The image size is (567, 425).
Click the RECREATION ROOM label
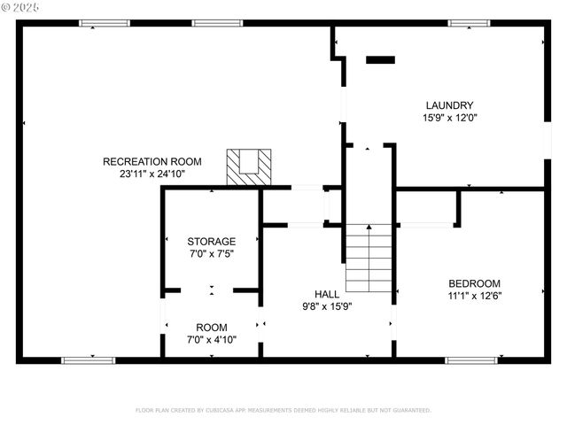pos(151,161)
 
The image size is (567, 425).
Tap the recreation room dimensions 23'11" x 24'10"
pos(151,174)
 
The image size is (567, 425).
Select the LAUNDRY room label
pos(448,104)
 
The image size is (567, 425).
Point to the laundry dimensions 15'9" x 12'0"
pos(448,118)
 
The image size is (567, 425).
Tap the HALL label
pos(327,293)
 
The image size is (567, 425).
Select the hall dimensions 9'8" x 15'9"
pos(327,306)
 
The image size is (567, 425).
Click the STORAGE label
pos(211,241)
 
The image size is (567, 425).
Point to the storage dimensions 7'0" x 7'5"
pos(211,254)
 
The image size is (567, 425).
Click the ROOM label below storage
pos(211,328)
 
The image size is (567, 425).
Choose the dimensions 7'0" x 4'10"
pos(211,340)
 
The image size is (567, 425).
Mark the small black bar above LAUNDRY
pos(380,60)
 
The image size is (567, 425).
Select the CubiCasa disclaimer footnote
pos(283,410)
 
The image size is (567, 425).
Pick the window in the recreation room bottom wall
pos(88,360)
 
